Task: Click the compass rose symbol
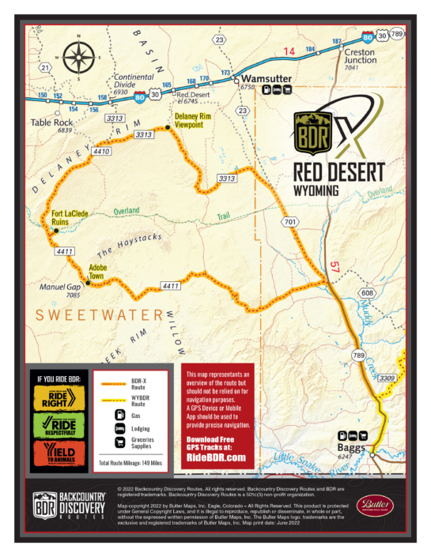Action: coord(78,57)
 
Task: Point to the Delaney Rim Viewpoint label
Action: coord(190,119)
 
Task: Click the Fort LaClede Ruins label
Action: coord(69,218)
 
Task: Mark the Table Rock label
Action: coord(51,123)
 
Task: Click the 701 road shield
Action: coord(291,223)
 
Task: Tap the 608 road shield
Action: coord(366,293)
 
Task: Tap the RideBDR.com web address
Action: coord(214,457)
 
